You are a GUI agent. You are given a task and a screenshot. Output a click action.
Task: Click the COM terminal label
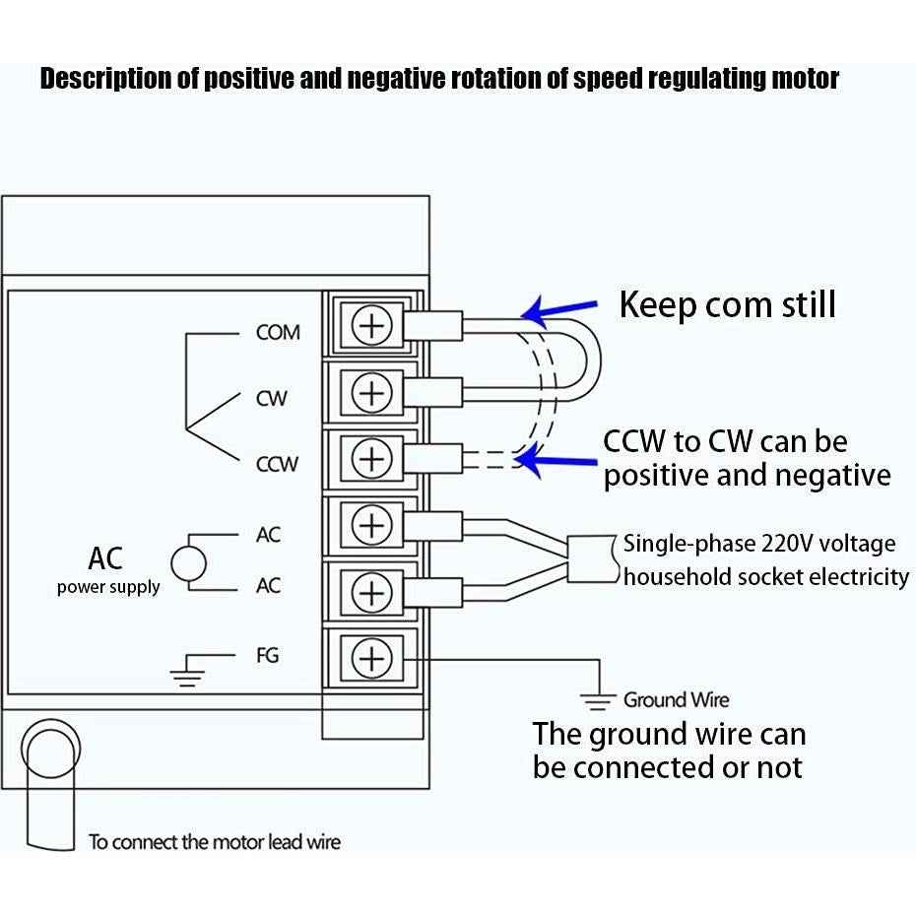[278, 332]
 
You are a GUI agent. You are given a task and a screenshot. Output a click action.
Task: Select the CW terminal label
[271, 399]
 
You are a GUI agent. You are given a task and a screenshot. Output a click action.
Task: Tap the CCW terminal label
[277, 464]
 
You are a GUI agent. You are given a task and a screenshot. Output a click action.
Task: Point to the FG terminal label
[267, 655]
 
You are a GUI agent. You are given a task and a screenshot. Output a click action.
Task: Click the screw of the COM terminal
[371, 325]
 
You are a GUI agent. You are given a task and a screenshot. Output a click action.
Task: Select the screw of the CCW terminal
[371, 459]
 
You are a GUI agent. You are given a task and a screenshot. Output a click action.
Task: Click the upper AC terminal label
[268, 535]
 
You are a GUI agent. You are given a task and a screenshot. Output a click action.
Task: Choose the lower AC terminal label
[268, 586]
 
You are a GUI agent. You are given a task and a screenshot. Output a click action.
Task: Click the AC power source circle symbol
[188, 563]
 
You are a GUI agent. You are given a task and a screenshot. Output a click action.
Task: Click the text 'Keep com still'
[727, 304]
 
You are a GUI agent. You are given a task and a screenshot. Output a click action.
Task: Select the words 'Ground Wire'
[676, 700]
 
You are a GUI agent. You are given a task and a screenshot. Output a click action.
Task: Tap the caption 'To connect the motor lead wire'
[215, 842]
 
